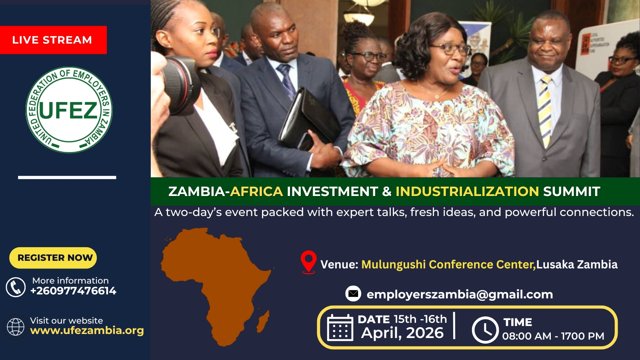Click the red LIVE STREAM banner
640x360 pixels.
[x=54, y=40]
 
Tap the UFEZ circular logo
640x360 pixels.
[x=69, y=110]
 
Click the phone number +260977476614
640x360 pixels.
[x=74, y=291]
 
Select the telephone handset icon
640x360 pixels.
[x=16, y=287]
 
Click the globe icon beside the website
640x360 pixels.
[x=16, y=326]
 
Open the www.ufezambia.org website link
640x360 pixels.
[x=87, y=330]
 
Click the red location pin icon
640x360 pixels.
[x=308, y=262]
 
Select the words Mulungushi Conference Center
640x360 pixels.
[x=448, y=264]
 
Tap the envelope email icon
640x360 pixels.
[x=353, y=294]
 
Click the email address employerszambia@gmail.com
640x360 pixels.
[x=460, y=294]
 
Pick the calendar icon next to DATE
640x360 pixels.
[x=340, y=328]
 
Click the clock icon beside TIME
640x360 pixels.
[x=485, y=330]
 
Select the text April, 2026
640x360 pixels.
[x=402, y=333]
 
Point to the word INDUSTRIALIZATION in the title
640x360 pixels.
[x=467, y=192]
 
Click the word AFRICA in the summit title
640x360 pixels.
[x=256, y=192]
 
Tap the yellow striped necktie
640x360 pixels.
[x=545, y=112]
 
